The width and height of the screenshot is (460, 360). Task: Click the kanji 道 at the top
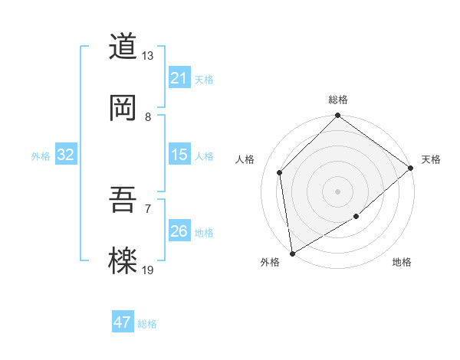tap(123, 47)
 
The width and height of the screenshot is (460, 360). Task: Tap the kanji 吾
tap(123, 201)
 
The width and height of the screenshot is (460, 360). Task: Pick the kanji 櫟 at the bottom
tap(123, 261)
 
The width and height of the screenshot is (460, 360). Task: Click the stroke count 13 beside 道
tap(148, 56)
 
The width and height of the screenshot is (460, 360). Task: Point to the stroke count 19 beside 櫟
tap(148, 270)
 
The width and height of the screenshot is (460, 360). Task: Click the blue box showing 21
tap(179, 77)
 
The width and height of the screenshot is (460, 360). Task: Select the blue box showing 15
tap(179, 155)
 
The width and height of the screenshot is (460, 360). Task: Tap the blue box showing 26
tap(179, 231)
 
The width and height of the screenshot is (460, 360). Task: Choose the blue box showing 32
tap(66, 155)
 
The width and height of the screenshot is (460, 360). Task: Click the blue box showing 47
tap(123, 322)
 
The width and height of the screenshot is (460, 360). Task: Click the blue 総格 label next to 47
tap(147, 324)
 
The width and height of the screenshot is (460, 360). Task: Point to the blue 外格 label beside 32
tap(41, 156)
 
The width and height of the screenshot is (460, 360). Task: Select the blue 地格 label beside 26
tap(204, 233)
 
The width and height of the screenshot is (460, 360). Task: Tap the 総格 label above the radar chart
tap(338, 100)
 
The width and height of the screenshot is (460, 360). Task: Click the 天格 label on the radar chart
tap(431, 159)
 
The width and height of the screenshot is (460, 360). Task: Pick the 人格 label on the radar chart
tap(245, 159)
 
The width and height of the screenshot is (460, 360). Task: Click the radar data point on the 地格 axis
tap(356, 217)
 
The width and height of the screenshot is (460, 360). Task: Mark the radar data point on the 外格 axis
tap(292, 253)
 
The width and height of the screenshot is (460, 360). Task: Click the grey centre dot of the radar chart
tap(337, 191)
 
